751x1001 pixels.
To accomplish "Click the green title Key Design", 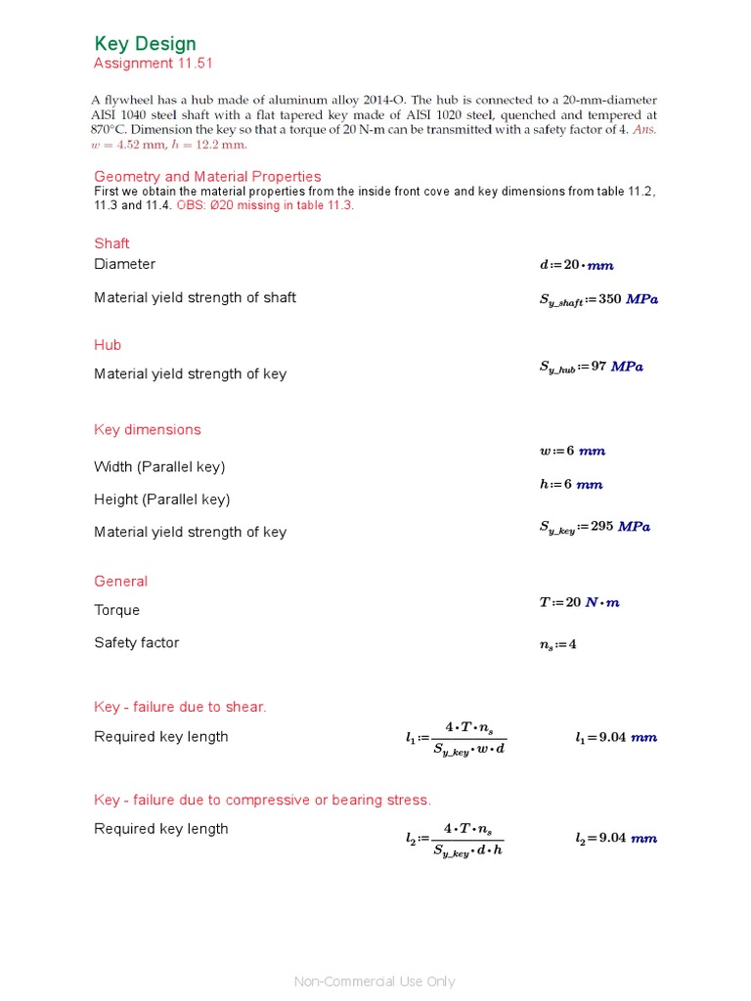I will coord(145,44).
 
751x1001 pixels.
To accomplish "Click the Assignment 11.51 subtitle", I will coord(153,64).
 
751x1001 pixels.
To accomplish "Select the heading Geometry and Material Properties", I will coord(207,177).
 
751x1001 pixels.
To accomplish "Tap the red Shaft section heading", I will coord(111,243).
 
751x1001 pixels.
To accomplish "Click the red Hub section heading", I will coord(108,345).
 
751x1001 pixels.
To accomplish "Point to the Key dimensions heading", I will coord(147,430).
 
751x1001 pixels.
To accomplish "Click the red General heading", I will coord(120,582).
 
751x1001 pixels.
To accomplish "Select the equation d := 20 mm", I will coord(576,265).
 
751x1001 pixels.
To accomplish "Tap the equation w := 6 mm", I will coord(572,451).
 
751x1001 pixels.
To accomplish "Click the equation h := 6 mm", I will coord(571,484).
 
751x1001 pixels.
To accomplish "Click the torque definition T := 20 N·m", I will coord(579,602).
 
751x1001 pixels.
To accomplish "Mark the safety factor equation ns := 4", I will coord(557,644).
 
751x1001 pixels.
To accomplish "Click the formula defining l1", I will coord(457,738).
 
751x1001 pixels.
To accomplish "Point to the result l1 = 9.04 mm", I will coord(615,738).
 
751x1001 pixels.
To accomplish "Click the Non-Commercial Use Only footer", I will coord(375,981).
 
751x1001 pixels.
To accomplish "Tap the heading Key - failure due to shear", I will coord(180,707).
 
